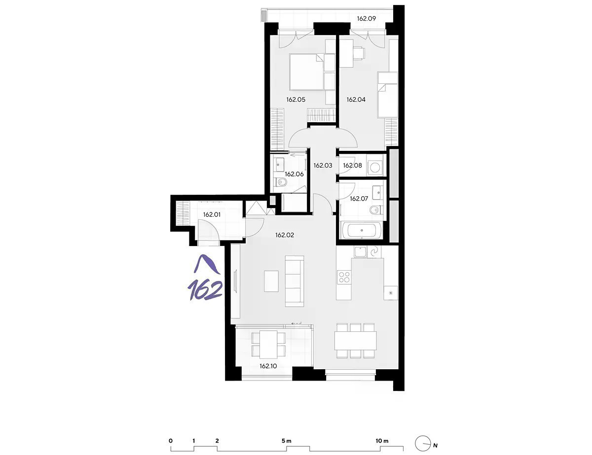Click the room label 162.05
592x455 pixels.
tap(296, 100)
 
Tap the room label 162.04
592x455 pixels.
tap(356, 100)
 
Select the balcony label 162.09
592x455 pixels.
tap(367, 19)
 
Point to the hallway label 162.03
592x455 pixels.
tap(323, 165)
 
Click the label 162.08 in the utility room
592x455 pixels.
tap(353, 165)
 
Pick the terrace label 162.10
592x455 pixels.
tap(268, 366)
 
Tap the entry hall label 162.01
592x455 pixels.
tap(212, 215)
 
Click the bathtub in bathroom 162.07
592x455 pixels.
tap(362, 230)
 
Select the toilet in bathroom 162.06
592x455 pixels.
tap(280, 182)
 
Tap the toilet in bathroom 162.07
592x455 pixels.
tap(376, 210)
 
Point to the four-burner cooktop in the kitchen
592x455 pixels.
tap(344, 277)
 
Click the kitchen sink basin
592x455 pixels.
tap(360, 252)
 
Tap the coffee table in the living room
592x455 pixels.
tap(271, 281)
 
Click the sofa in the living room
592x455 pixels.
tap(294, 281)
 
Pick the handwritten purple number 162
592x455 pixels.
tap(205, 290)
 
